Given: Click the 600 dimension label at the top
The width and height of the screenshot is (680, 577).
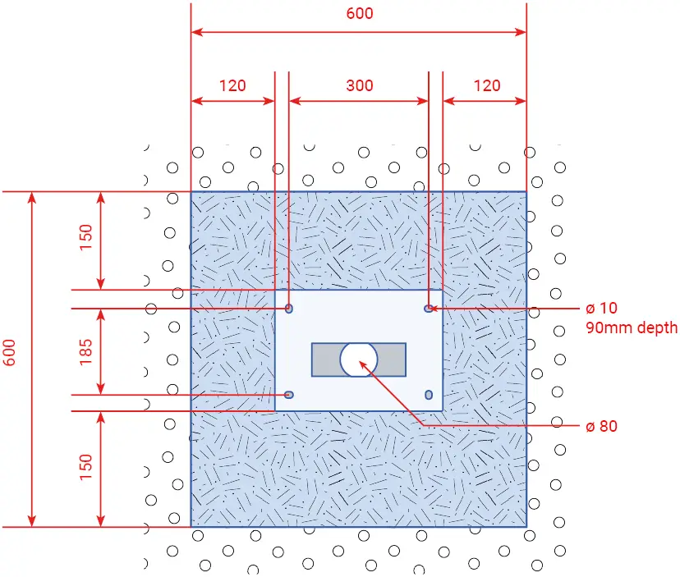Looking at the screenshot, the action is pos(360,13).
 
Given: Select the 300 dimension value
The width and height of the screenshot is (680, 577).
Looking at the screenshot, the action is pos(360,85).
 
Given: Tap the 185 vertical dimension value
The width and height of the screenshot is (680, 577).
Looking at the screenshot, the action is pos(86,351).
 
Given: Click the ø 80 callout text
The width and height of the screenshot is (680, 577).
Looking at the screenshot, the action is pos(601,426).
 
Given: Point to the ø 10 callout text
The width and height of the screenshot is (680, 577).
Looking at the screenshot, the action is pos(601,308).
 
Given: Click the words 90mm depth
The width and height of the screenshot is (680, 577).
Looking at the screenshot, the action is pos(632,327).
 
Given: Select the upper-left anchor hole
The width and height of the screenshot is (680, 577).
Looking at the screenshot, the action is pos(289,309).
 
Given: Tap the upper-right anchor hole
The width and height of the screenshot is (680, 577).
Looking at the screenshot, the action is pos(429,309).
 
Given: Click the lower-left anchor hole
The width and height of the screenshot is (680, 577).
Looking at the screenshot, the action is pos(289,395).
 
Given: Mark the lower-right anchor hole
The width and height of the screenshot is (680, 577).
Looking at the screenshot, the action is pos(429,395).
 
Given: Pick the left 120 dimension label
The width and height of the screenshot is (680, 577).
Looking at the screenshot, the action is pos(232,85).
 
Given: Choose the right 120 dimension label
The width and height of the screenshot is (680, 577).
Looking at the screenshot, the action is pos(487,85).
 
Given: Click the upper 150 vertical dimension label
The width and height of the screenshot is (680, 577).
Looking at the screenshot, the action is pos(86,237).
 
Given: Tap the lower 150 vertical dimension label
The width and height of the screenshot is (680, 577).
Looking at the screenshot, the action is pos(86,467).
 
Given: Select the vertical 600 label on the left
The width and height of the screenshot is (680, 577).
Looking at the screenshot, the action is pos(10,352).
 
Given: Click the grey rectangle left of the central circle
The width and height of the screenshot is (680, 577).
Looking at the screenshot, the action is pos(326,359).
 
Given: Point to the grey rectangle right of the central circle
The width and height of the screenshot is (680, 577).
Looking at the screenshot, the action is pos(391,359).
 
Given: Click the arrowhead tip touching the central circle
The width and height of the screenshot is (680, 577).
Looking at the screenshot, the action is pos(360,360).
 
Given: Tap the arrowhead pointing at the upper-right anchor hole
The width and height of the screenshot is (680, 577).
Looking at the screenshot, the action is pos(430,309).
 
